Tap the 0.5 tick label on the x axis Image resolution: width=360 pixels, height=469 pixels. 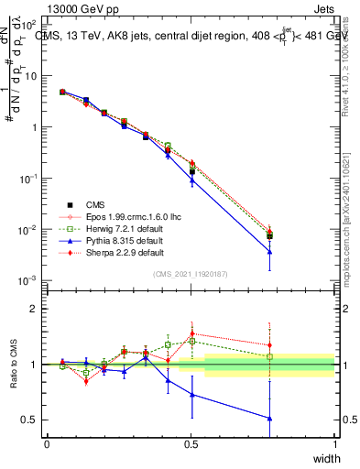click(x=191, y=444)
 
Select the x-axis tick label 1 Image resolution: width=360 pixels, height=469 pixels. click(x=335, y=444)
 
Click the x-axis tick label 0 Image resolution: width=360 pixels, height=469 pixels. click(x=47, y=444)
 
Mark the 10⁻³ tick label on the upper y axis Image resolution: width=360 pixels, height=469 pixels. click(x=27, y=280)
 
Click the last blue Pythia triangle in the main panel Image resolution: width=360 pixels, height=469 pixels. click(x=269, y=253)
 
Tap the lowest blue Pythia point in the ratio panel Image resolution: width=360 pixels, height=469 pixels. click(x=269, y=418)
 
